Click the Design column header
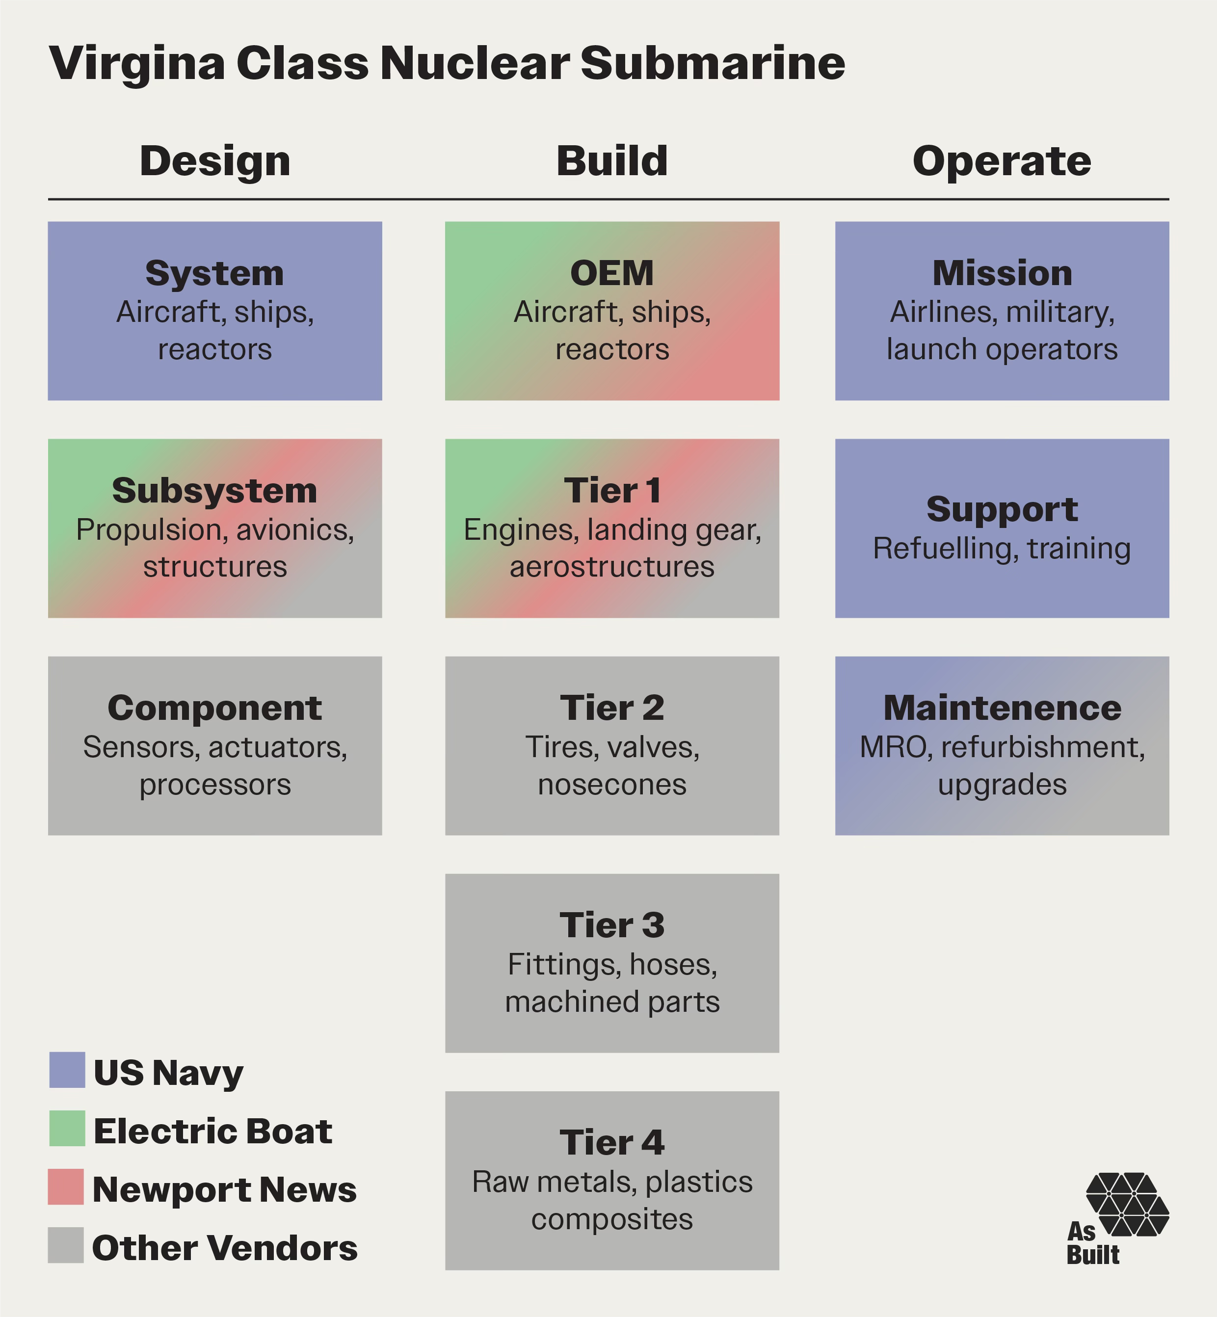point(214,161)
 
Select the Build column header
point(612,161)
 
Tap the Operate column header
point(1002,161)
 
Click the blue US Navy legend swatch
point(67,1069)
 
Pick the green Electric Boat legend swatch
point(67,1128)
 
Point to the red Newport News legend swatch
point(66,1186)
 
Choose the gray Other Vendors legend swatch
point(66,1244)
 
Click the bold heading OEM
point(612,273)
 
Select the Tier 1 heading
point(612,491)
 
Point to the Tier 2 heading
point(612,708)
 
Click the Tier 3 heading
point(612,925)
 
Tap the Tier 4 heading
point(612,1142)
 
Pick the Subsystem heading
point(214,491)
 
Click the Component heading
point(214,708)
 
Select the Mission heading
point(1002,273)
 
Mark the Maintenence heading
point(1002,708)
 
